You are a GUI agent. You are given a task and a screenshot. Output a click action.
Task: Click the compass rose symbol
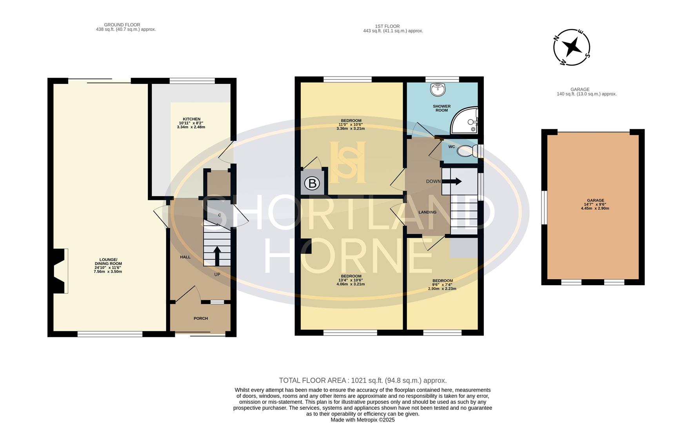coord(572,47)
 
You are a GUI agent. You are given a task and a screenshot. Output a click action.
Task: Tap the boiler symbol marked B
coord(312,183)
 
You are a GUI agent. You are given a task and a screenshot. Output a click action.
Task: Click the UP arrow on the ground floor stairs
coord(217,256)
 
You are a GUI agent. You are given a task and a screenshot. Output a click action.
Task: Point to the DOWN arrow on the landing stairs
coord(454,181)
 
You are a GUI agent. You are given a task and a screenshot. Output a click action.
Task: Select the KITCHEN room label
coord(191,119)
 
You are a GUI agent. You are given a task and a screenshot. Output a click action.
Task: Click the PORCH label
coord(200,318)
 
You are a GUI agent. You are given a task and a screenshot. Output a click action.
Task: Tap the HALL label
coord(185,257)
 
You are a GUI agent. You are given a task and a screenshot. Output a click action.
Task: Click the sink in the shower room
coord(438,90)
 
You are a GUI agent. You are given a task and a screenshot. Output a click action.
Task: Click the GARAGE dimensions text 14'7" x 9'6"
coord(595,204)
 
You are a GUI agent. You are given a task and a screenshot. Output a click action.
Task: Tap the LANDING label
coord(427,212)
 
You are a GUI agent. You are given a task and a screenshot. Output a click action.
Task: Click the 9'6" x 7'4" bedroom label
coord(442,285)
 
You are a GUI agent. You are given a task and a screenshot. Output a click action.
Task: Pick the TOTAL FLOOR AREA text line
coord(363,380)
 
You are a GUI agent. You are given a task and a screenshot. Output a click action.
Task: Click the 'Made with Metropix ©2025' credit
coord(363,419)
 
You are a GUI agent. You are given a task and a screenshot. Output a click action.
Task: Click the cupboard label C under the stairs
coord(220,215)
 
